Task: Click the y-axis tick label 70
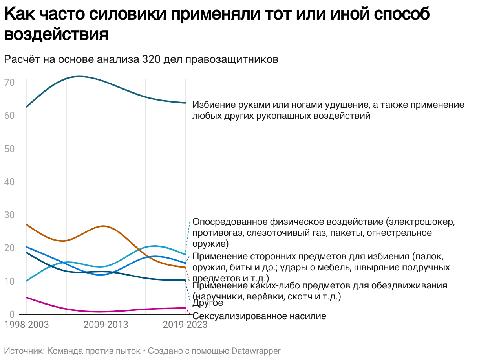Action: (9, 83)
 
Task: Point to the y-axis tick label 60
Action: (9, 116)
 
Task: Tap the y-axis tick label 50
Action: (9, 149)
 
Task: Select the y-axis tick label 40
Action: (9, 182)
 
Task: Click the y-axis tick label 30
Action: (9, 215)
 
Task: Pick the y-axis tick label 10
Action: (9, 281)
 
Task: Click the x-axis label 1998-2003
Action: (27, 325)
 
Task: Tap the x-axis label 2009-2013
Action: (106, 325)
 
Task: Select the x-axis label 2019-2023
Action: (185, 325)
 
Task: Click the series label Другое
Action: (208, 303)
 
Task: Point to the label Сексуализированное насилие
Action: (259, 316)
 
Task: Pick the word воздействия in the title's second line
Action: (56, 35)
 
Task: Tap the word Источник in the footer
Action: (23, 351)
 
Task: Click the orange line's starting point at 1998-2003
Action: (26, 224)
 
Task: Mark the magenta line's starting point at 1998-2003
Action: (26, 298)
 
